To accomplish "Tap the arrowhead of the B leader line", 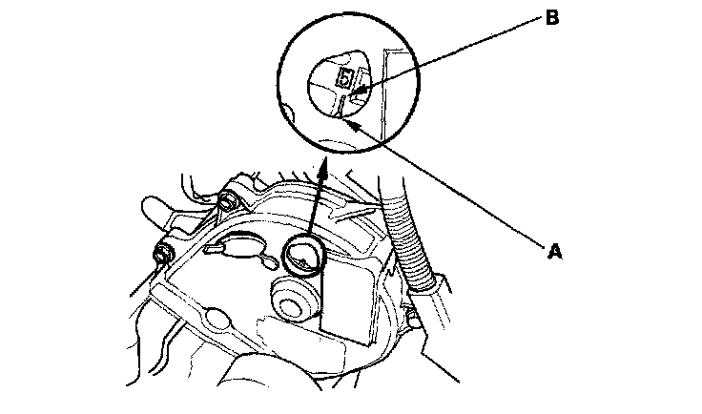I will coord(359,93).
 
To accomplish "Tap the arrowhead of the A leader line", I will coord(349,123).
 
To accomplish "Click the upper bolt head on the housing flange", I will coord(227,202).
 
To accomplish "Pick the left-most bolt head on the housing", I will coord(164,255).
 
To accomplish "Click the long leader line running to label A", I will coord(448,185).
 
